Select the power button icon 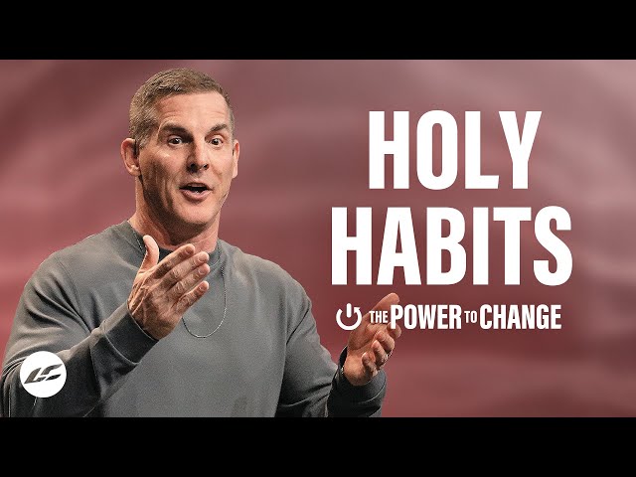point(349,317)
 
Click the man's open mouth point(196,189)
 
